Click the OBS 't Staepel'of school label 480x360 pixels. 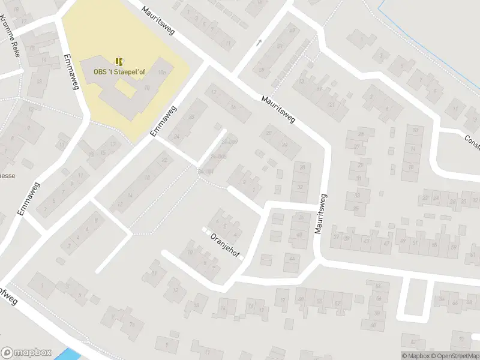tap(120, 72)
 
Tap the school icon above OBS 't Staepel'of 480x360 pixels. tap(119, 61)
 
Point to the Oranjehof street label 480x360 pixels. tap(224, 246)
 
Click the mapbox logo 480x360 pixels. tap(26, 353)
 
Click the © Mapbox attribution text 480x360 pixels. tap(415, 356)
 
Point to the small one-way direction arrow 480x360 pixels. tap(259, 43)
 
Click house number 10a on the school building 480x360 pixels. tap(161, 73)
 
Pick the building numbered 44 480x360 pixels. tap(292, 259)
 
